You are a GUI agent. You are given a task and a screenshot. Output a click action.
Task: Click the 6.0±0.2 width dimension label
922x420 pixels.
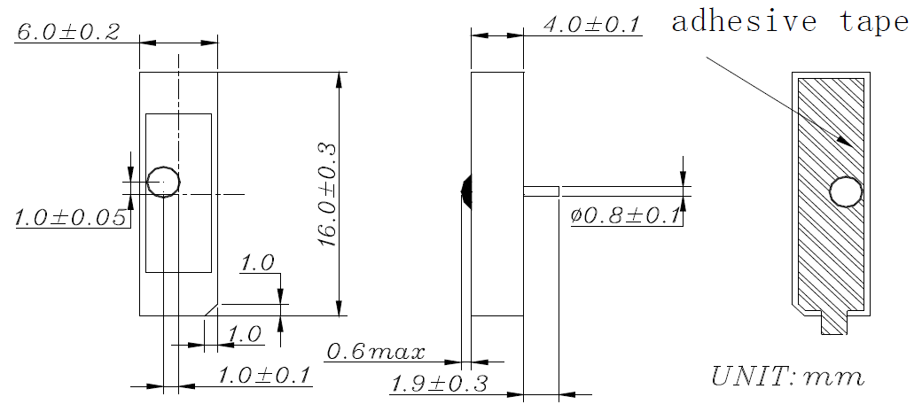tap(68, 32)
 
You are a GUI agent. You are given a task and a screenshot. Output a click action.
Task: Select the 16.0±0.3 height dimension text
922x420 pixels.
tap(327, 194)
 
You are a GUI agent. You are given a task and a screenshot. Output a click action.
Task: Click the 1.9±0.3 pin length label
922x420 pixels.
tap(440, 384)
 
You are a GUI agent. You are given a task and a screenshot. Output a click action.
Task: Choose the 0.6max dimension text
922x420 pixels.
tap(375, 352)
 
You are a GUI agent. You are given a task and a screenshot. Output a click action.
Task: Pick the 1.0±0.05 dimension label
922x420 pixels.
tap(70, 218)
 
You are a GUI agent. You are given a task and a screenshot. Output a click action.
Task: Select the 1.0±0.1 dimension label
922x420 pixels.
tap(264, 376)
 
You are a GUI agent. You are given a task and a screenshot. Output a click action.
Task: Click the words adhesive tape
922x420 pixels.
tap(790, 22)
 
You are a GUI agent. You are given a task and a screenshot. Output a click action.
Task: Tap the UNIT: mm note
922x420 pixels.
tap(788, 376)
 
